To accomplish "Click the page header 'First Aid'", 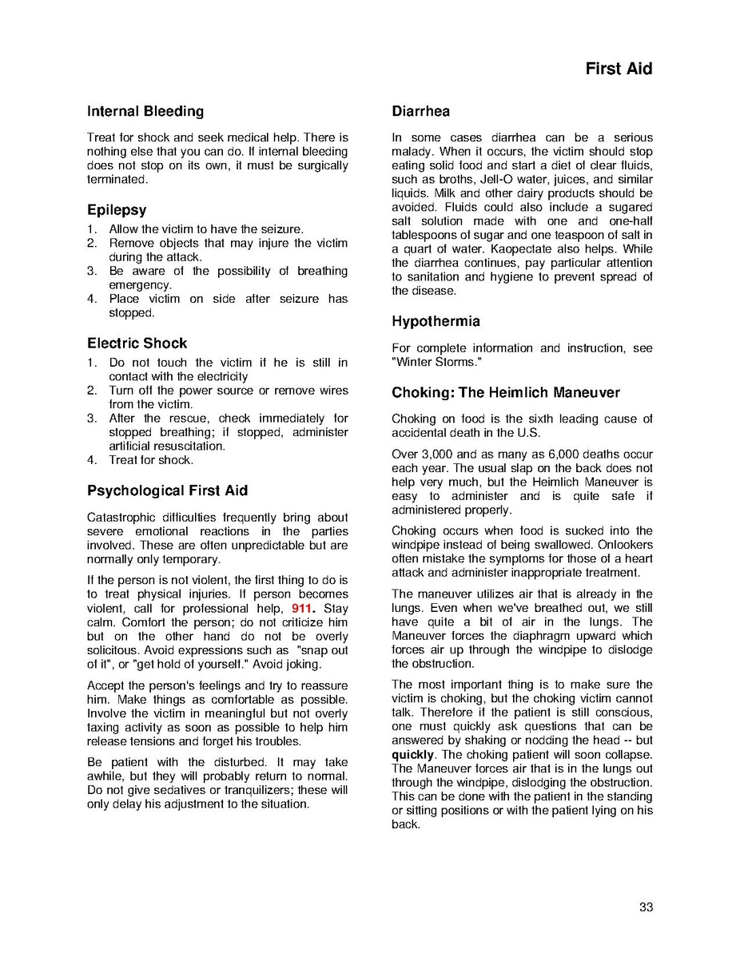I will click(x=619, y=69).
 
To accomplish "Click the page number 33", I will click(x=646, y=907).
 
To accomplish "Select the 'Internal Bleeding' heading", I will click(x=145, y=112).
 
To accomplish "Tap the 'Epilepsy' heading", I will click(x=117, y=211).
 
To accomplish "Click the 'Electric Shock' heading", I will click(x=137, y=343).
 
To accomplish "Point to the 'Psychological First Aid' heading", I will click(x=167, y=490).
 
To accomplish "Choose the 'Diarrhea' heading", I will click(x=420, y=112).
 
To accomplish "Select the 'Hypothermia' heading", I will click(x=436, y=322).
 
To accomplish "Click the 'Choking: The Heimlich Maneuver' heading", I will click(x=505, y=393).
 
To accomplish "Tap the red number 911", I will click(x=302, y=609).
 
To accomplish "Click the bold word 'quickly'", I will click(x=412, y=755).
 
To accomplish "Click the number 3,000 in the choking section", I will click(x=440, y=455).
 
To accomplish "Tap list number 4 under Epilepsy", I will click(x=92, y=299).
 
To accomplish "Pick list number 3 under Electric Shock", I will click(x=92, y=419).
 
